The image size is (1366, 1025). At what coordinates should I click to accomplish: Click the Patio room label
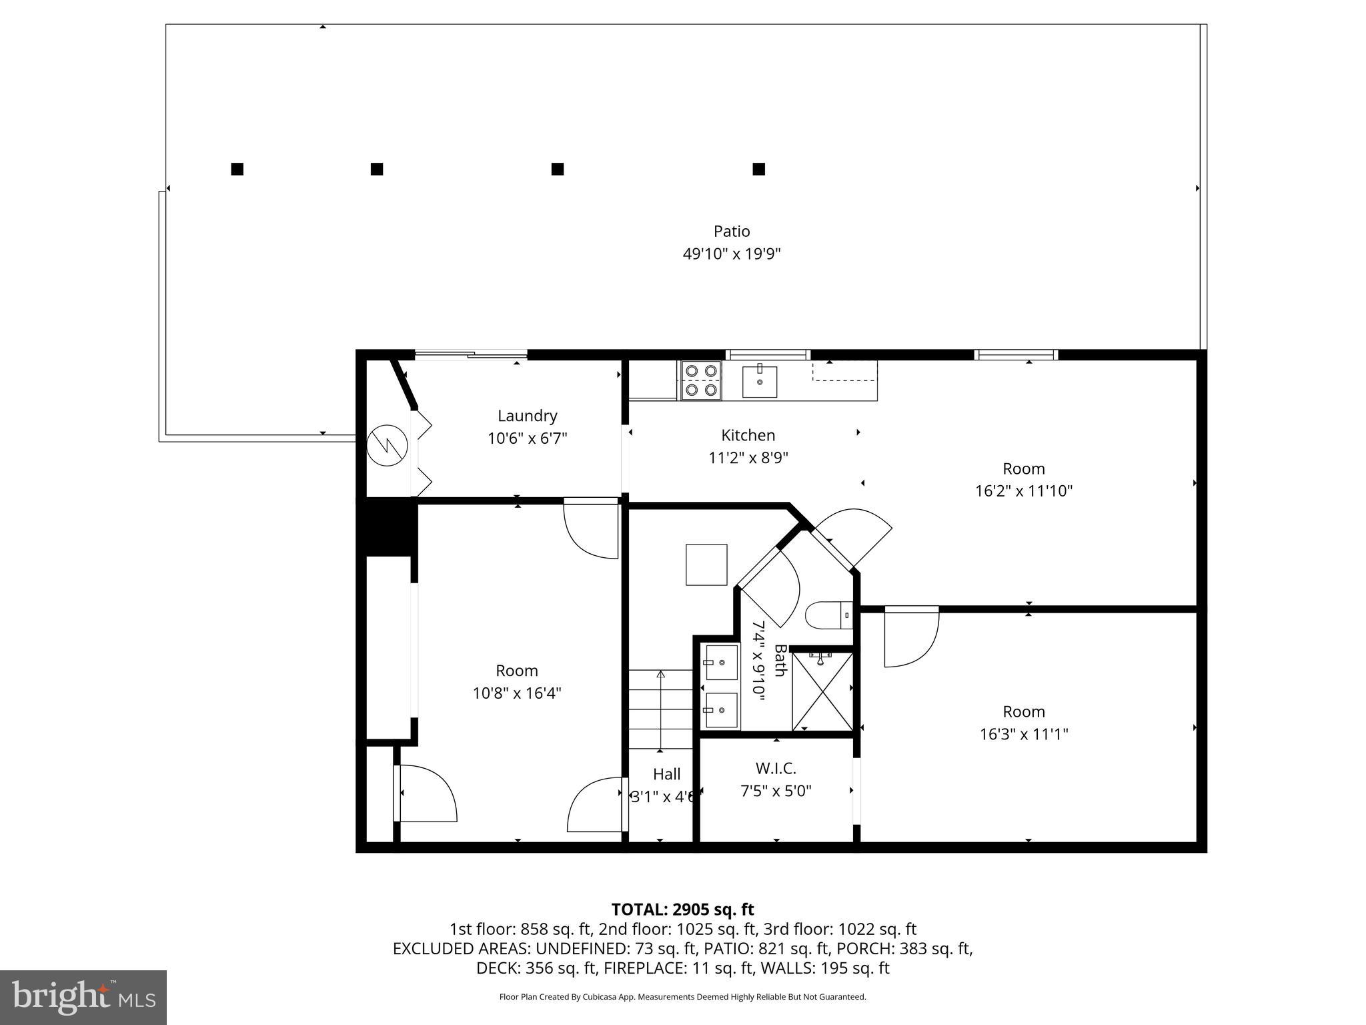pyautogui.click(x=732, y=232)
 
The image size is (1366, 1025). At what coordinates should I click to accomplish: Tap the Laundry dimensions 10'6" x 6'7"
pyautogui.click(x=527, y=438)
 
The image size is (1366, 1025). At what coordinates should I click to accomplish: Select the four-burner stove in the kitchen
pyautogui.click(x=700, y=380)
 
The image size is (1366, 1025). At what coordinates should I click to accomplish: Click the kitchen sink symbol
pyautogui.click(x=760, y=381)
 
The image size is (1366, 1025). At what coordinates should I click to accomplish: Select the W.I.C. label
pyautogui.click(x=776, y=768)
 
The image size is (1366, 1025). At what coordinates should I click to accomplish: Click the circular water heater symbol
pyautogui.click(x=388, y=444)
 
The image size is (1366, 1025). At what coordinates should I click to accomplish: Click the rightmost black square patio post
pyautogui.click(x=758, y=169)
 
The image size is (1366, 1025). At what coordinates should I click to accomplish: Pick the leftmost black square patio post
pyautogui.click(x=237, y=169)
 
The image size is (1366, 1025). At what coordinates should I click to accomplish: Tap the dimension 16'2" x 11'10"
pyautogui.click(x=1023, y=491)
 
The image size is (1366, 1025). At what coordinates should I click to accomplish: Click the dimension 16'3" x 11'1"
pyautogui.click(x=1023, y=734)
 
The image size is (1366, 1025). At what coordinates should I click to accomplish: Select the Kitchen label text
pyautogui.click(x=748, y=435)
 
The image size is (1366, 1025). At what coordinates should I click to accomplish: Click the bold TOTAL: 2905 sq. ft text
pyautogui.click(x=682, y=910)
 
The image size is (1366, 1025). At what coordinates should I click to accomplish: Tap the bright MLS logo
pyautogui.click(x=83, y=997)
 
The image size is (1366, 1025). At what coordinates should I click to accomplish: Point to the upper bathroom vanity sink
pyautogui.click(x=722, y=662)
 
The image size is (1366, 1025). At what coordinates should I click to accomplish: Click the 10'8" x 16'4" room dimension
pyautogui.click(x=517, y=693)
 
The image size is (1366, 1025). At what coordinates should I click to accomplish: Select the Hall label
pyautogui.click(x=666, y=774)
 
